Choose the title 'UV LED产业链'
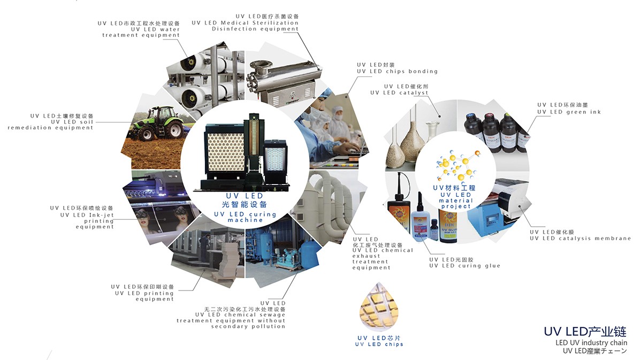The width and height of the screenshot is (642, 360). pos(585,332)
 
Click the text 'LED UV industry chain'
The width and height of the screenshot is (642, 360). pos(591,342)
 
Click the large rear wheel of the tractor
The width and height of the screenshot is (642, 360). pos(174,131)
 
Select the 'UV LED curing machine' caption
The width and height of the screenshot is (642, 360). pos(245,217)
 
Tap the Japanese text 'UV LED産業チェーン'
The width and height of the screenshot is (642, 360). pos(595,351)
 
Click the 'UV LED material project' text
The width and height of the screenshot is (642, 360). pos(456,201)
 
